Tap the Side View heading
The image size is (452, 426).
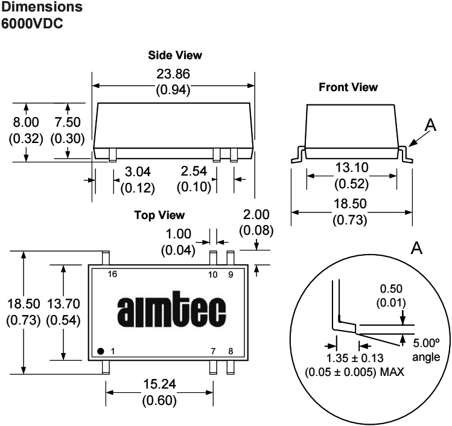[x=175, y=55]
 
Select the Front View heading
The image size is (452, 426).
[x=348, y=87]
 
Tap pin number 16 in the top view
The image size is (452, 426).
[x=112, y=275]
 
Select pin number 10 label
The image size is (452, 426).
[x=212, y=275]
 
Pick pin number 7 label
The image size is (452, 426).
[x=212, y=351]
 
